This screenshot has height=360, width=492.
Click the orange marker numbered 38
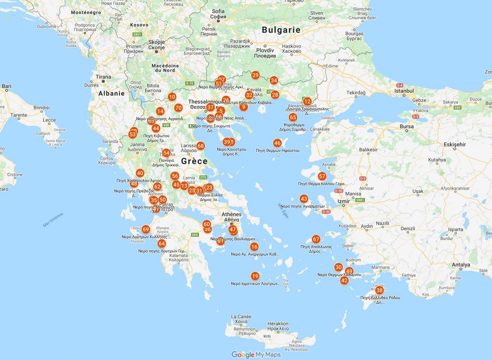tap(379, 290)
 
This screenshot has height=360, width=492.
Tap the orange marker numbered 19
tap(255, 276)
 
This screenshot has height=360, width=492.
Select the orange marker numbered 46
tap(277, 143)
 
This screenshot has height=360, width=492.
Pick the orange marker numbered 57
tap(322, 176)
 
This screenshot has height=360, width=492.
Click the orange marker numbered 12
tap(307, 101)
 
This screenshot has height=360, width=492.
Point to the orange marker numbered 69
tap(146, 229)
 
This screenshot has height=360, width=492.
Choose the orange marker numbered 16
tap(254, 246)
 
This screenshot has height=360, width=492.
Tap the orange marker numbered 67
tap(316, 239)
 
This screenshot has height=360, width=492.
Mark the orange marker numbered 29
tap(255, 75)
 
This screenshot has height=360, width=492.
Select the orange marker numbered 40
tap(140, 173)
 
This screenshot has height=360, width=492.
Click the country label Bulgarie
tap(281, 30)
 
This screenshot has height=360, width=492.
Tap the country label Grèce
tap(194, 161)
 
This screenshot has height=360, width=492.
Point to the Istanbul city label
tap(405, 90)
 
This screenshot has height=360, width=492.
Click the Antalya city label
tap(460, 265)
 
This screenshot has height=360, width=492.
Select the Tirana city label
tap(103, 77)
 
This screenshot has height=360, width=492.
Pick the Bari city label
tap(7, 86)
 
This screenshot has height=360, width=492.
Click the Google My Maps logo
tap(256, 355)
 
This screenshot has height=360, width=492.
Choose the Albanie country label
tap(111, 93)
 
